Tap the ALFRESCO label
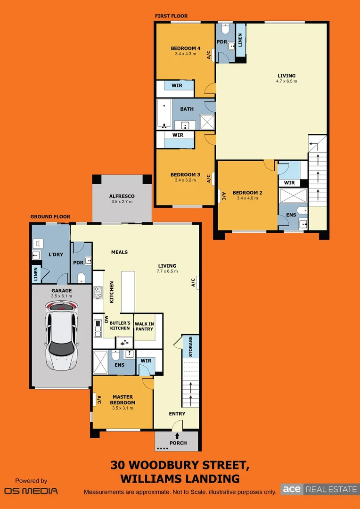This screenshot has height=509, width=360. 122,196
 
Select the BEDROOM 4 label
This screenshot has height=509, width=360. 186,48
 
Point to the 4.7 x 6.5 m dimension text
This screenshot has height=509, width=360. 286,82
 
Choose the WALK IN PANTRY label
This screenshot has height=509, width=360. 144,326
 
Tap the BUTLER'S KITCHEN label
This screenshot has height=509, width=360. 120,325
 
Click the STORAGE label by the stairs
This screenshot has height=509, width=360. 190,346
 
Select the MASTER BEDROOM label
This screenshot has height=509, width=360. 123,400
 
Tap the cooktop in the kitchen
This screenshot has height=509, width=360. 98,293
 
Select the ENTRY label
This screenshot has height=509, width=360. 177,414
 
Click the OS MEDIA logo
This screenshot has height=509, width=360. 31,491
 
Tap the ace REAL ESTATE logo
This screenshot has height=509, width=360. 319,489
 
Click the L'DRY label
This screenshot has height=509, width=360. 56,254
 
